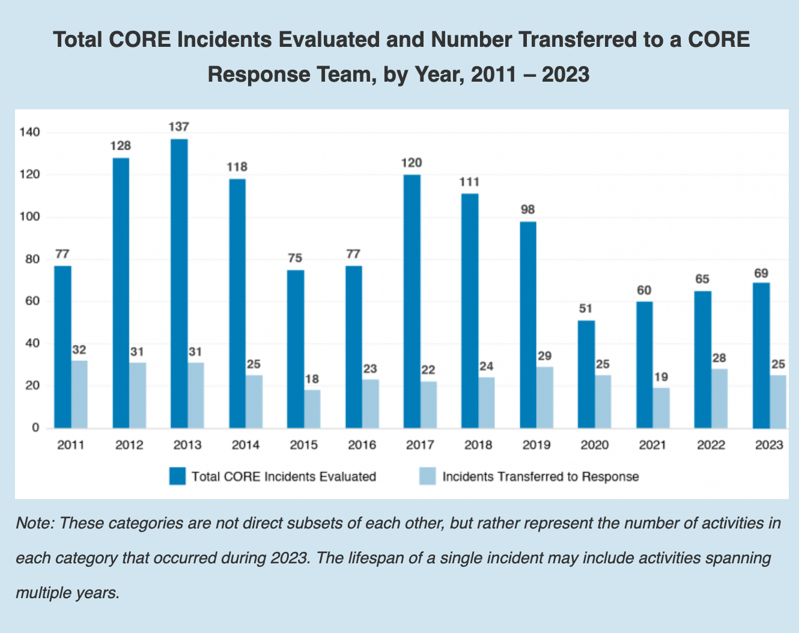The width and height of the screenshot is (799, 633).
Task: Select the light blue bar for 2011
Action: click(x=79, y=394)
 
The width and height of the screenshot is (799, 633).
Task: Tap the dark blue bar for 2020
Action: click(x=586, y=374)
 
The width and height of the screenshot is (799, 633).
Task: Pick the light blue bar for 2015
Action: click(x=312, y=409)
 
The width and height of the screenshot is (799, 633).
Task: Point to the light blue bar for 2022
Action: click(x=719, y=398)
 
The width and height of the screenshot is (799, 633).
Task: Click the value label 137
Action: click(x=179, y=127)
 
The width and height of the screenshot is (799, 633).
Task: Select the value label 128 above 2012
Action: click(x=121, y=145)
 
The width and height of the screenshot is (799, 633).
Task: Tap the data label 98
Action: click(x=528, y=210)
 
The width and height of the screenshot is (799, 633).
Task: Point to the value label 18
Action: click(x=312, y=379)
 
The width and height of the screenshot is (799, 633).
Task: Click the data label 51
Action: click(x=586, y=309)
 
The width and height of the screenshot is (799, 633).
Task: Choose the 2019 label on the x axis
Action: click(x=536, y=445)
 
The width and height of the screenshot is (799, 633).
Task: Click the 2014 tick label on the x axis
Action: click(x=246, y=445)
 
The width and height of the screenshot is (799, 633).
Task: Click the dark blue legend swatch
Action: click(x=178, y=476)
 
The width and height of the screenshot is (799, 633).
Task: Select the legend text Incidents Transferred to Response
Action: click(x=541, y=477)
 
